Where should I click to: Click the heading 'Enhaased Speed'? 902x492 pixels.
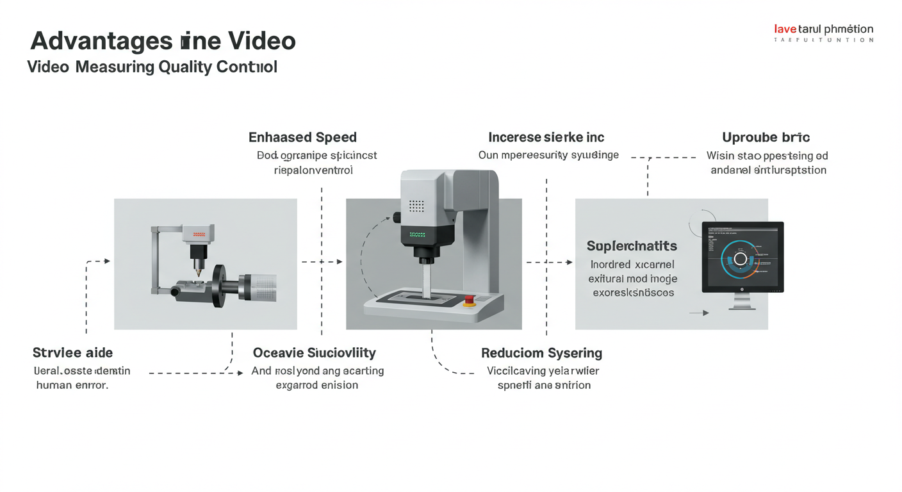302,137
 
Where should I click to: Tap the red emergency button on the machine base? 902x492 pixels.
470,300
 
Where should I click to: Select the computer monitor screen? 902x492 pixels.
742,256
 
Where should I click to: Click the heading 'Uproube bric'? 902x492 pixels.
766,137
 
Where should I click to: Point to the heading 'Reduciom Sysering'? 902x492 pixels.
541,353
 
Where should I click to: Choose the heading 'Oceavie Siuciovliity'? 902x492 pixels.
315,353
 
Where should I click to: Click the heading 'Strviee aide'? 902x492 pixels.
72,353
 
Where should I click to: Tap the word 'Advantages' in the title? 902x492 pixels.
101,41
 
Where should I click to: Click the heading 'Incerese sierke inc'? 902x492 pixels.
546,137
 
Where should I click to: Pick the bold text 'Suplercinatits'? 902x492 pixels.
632,246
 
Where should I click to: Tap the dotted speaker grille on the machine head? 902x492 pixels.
416,206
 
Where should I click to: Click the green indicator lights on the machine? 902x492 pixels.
417,234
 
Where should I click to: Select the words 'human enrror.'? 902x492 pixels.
72,386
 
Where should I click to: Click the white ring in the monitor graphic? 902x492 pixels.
741,259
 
